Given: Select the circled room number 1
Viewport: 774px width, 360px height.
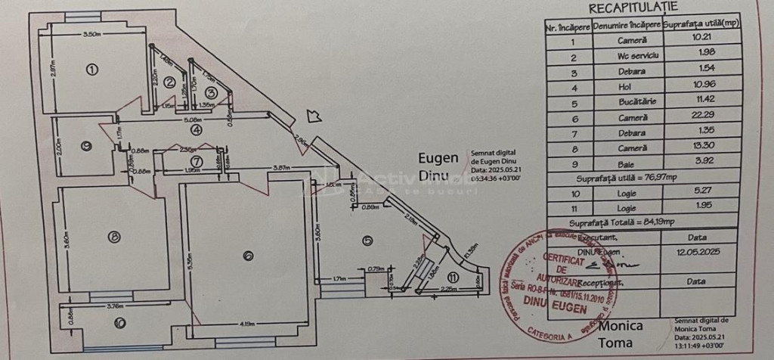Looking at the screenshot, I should tap(92, 70).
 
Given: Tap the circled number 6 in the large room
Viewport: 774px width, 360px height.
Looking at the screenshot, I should tap(247, 256).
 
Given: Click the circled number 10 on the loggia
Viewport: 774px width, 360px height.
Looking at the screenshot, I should tap(120, 323).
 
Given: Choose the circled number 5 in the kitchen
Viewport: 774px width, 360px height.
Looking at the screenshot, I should tap(368, 241).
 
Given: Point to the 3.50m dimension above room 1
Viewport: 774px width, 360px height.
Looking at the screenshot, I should tap(92, 35).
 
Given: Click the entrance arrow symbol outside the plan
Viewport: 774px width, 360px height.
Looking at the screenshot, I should tap(313, 116).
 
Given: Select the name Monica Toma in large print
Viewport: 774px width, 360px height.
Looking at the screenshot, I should tap(621, 334).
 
